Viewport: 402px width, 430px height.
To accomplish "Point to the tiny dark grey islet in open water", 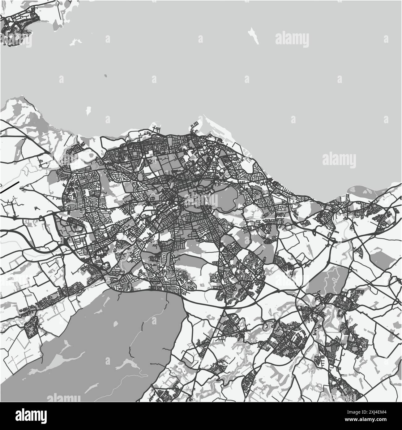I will [105, 76].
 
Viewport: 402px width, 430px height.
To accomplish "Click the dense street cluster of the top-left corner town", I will [17, 26].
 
